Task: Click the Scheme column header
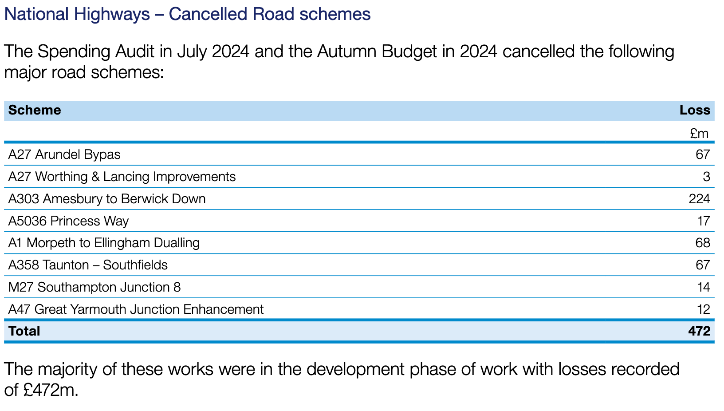point(35,110)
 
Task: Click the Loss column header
point(695,110)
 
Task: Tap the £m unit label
point(699,133)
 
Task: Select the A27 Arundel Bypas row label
point(64,154)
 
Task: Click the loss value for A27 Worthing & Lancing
point(707,177)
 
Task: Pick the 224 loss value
point(700,199)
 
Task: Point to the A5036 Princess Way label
point(68,221)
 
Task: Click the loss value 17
point(704,221)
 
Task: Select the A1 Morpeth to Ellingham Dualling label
point(104,243)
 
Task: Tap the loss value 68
point(703,243)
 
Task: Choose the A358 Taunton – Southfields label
point(88,265)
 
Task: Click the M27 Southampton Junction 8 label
point(94,287)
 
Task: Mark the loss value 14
point(704,287)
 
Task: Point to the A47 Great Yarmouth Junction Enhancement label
point(136,309)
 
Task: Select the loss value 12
point(704,309)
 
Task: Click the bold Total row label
point(24,331)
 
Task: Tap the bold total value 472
point(700,331)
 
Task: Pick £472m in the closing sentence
point(51,390)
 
